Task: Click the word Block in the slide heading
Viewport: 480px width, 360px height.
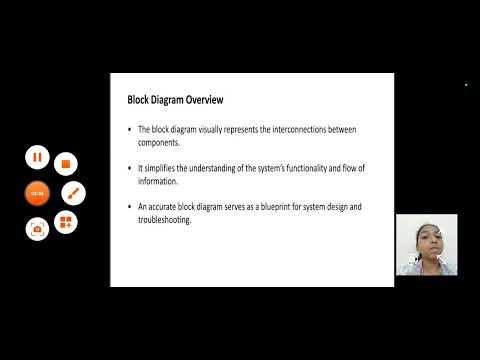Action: [137, 101]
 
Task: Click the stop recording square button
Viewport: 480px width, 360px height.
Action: [65, 161]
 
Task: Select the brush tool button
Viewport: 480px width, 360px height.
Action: [73, 192]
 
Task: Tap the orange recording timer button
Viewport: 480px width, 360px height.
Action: [37, 192]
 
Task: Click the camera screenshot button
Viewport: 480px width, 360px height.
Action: [37, 228]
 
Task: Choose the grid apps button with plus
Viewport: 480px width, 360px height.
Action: [65, 222]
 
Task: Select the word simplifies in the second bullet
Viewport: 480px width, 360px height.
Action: [166, 169]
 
